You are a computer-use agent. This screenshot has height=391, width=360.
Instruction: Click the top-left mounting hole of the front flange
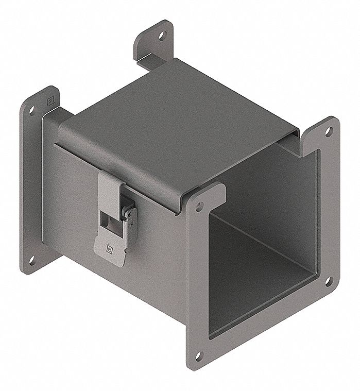pos(198,208)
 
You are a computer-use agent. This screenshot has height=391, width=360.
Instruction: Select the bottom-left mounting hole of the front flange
pos(199,354)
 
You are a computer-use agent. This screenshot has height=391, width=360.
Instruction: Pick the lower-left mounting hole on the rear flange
pos(31,260)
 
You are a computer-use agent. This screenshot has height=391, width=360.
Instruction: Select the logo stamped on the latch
pos(108,247)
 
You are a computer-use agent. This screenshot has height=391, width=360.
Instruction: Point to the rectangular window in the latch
pos(109,220)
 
